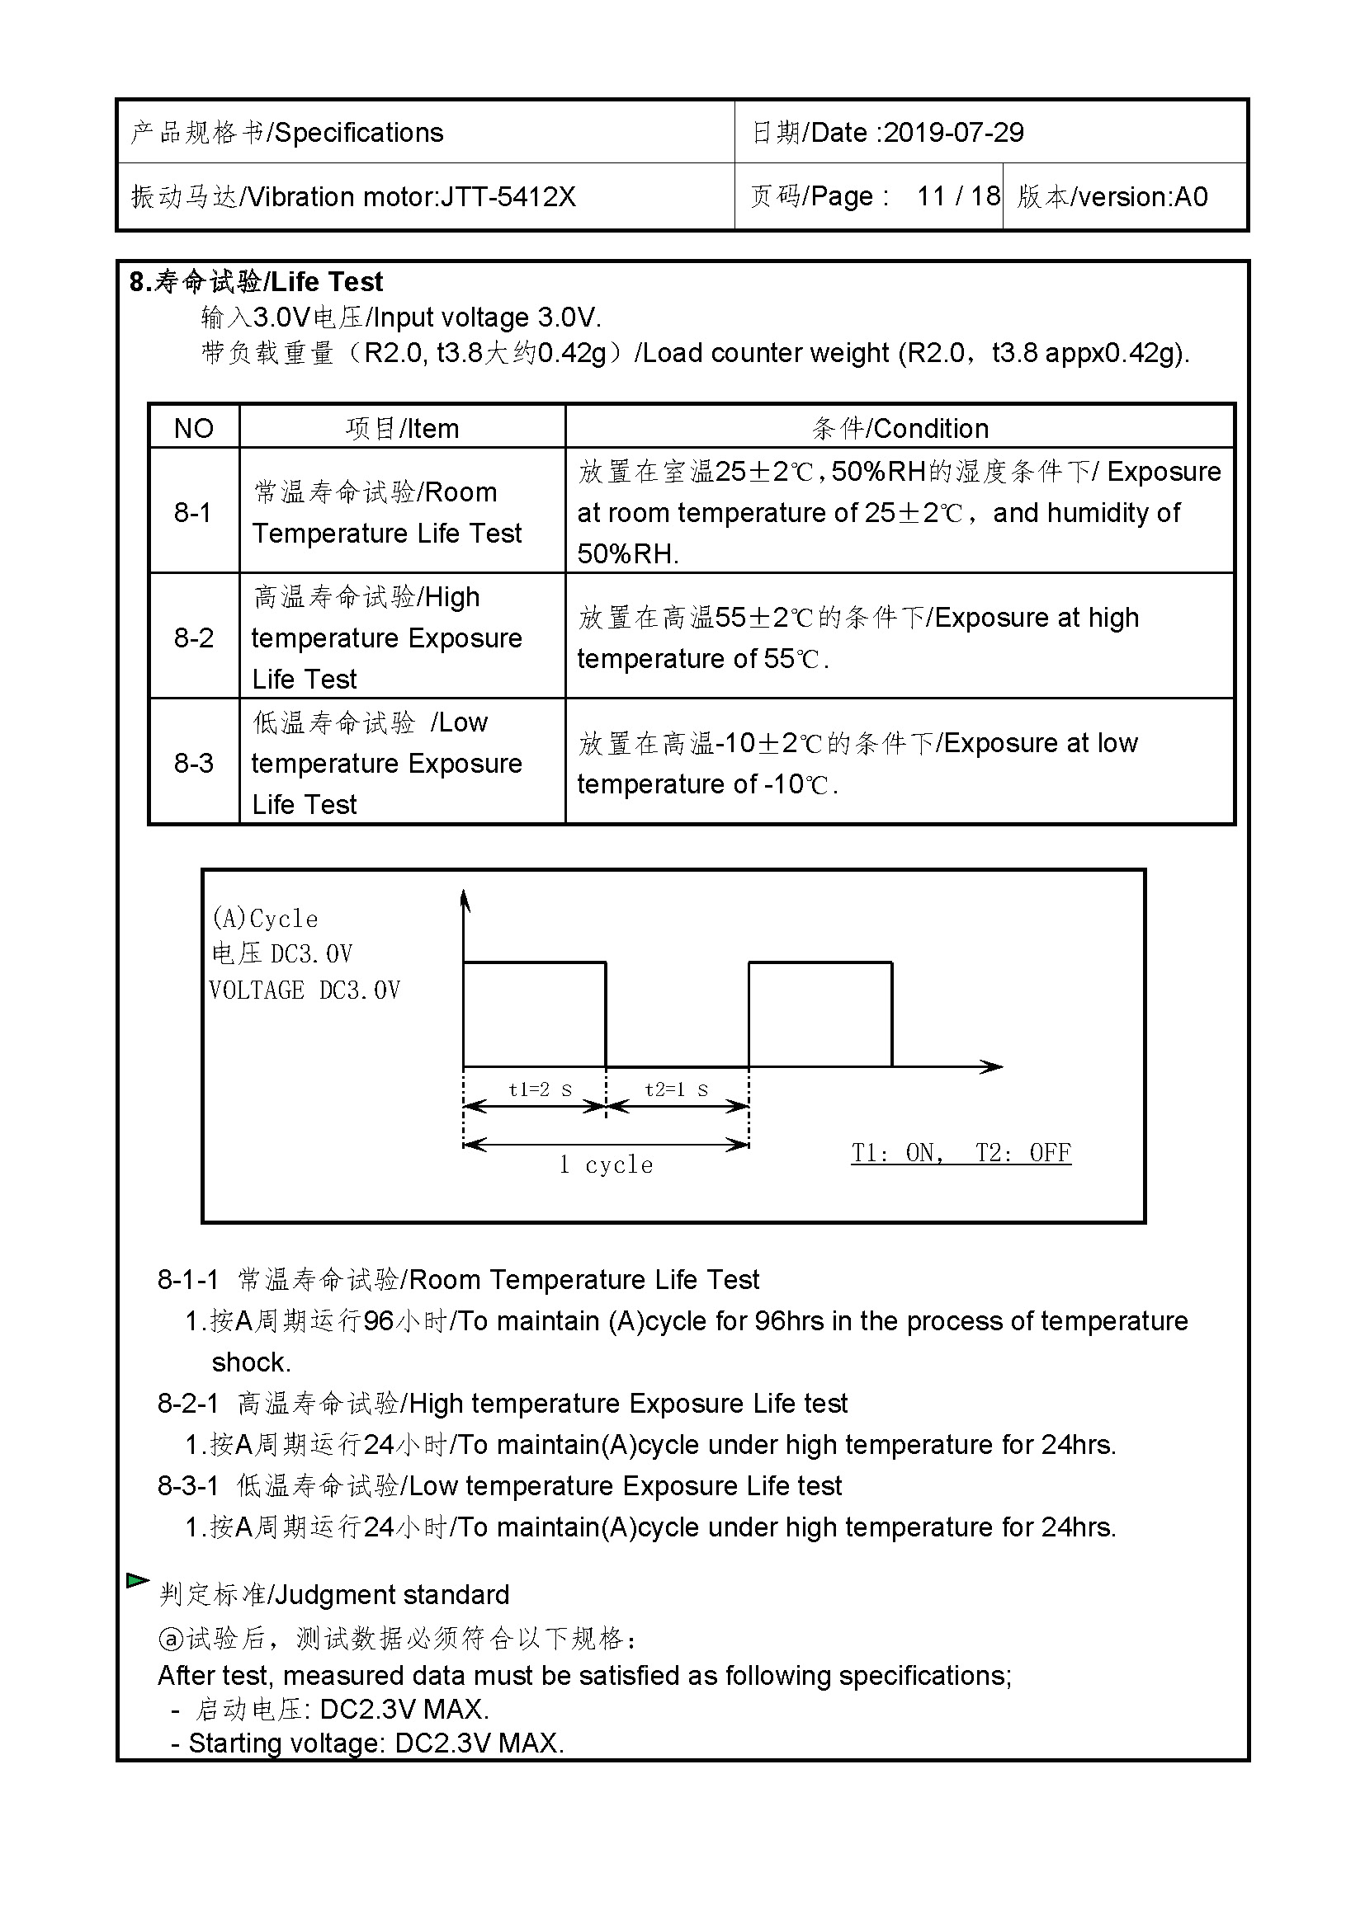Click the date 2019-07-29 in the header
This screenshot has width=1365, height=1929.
pos(953,133)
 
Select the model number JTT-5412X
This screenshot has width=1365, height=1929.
pos(508,196)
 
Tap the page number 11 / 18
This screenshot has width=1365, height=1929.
pos(957,196)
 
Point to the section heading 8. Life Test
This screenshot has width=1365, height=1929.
pos(257,281)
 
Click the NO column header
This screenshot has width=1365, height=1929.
pos(193,429)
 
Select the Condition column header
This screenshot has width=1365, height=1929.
pos(900,429)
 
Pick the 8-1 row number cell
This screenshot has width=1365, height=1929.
pos(193,511)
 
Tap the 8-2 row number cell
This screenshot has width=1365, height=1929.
pos(193,638)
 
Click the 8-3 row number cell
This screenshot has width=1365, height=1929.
pos(193,763)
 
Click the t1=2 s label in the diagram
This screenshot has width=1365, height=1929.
pos(541,1089)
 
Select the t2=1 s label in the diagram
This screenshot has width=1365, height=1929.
pos(676,1089)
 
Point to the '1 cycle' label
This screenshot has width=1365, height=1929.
pos(605,1165)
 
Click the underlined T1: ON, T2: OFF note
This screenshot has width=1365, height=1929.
pos(961,1153)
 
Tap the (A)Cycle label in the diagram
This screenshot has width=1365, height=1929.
pos(265,919)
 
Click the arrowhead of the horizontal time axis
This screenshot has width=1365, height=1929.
pos(994,1067)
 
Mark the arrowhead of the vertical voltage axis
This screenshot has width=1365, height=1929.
pos(465,901)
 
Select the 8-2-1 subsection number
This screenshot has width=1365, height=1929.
pos(187,1404)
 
